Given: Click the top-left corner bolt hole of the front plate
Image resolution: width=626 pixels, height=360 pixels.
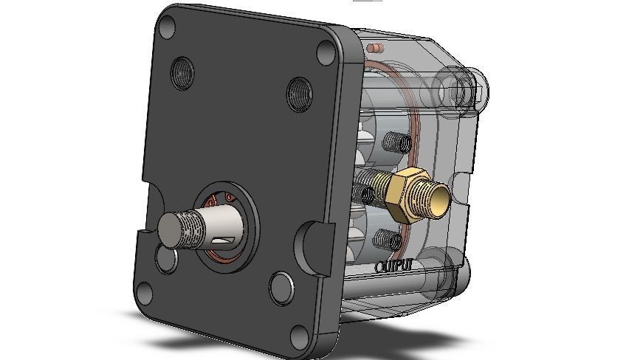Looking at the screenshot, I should click(x=168, y=27).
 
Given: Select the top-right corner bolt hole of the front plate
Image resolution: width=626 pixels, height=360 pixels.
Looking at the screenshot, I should click(x=326, y=52).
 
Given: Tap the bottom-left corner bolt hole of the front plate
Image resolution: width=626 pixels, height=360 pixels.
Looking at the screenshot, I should click(x=144, y=295).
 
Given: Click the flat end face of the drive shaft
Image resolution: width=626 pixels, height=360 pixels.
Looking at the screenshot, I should click(x=171, y=229).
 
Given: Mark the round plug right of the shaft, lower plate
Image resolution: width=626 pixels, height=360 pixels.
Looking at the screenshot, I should click(x=281, y=287).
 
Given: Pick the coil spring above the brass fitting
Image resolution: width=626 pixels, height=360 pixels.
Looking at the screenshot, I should click(x=396, y=140).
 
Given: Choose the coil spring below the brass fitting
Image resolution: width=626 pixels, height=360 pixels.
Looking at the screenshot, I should click(x=387, y=238).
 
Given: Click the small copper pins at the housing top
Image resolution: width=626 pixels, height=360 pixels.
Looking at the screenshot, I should click(x=376, y=49).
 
